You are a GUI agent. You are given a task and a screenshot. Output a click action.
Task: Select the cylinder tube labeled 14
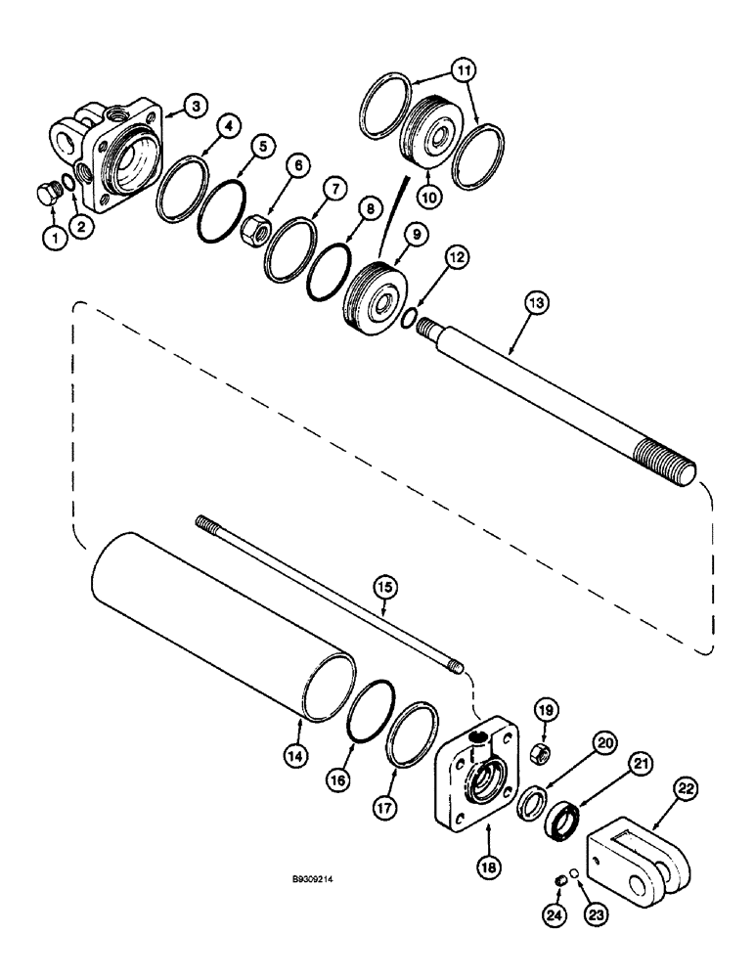coord(215,627)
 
